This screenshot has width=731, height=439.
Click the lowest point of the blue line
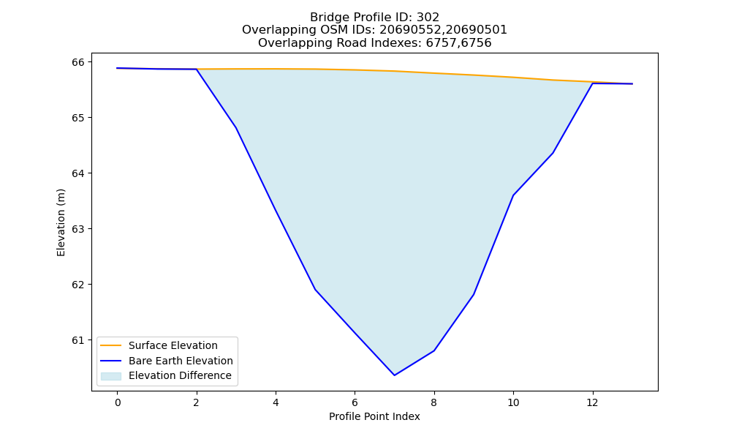395,375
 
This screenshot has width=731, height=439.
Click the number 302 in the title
428,18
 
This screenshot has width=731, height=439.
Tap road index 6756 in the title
477,43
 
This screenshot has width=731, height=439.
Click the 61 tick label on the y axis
78,340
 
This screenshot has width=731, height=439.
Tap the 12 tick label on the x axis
593,402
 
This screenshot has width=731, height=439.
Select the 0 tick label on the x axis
118,402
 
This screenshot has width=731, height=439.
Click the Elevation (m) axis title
61,222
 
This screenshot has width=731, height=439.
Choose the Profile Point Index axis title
374,416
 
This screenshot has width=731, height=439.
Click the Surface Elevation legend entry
158,345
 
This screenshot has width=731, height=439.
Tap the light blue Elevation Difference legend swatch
111,375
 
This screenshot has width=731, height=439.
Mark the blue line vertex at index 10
513,195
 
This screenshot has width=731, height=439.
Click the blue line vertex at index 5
315,289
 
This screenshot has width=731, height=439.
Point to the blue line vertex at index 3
236,128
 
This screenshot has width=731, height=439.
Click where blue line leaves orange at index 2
197,70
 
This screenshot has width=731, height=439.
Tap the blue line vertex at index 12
593,83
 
